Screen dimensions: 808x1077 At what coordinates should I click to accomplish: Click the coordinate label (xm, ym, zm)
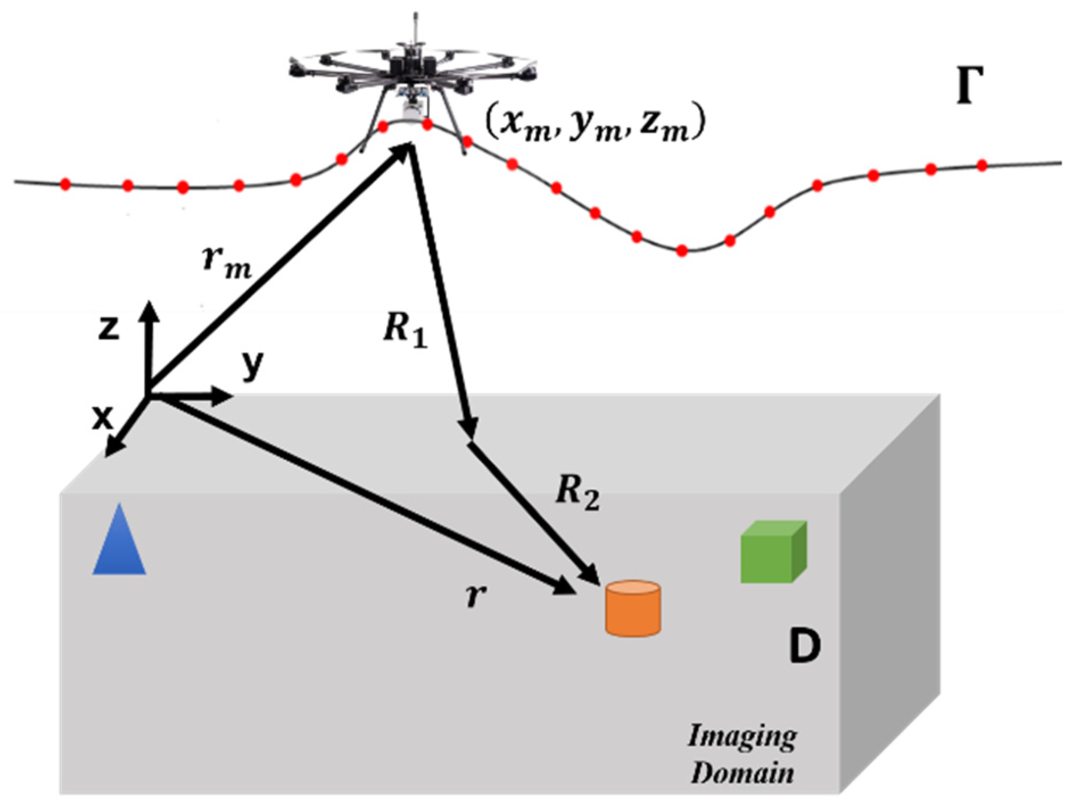[x=595, y=124]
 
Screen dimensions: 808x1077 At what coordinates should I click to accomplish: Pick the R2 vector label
[x=577, y=492]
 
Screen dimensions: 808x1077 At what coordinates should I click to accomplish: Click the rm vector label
[x=226, y=263]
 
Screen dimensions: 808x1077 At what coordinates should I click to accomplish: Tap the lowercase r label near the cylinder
[x=475, y=595]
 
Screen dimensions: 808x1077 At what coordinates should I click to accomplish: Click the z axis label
[x=109, y=328]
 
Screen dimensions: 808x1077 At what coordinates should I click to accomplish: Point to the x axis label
[x=102, y=418]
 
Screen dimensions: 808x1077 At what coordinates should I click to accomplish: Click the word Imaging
[x=742, y=738]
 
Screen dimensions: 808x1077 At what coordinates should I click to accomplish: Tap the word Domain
[x=742, y=773]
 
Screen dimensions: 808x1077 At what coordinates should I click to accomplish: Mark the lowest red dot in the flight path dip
[x=682, y=251]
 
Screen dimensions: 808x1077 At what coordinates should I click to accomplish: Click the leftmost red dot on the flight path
[x=65, y=184]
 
